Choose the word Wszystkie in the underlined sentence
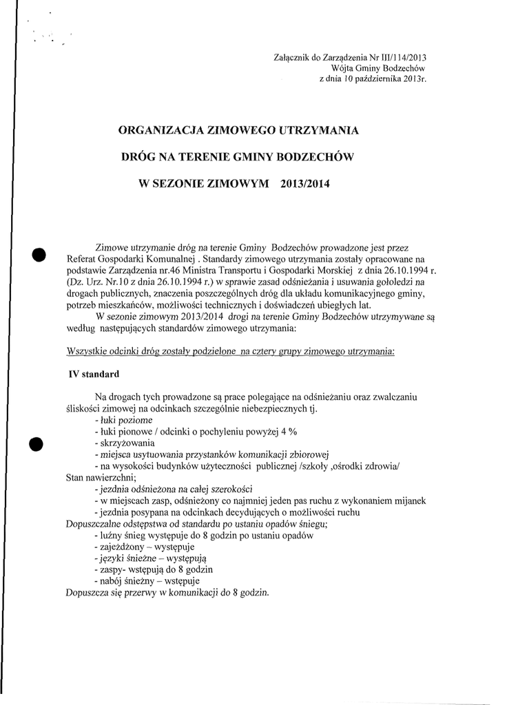click(x=90, y=351)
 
